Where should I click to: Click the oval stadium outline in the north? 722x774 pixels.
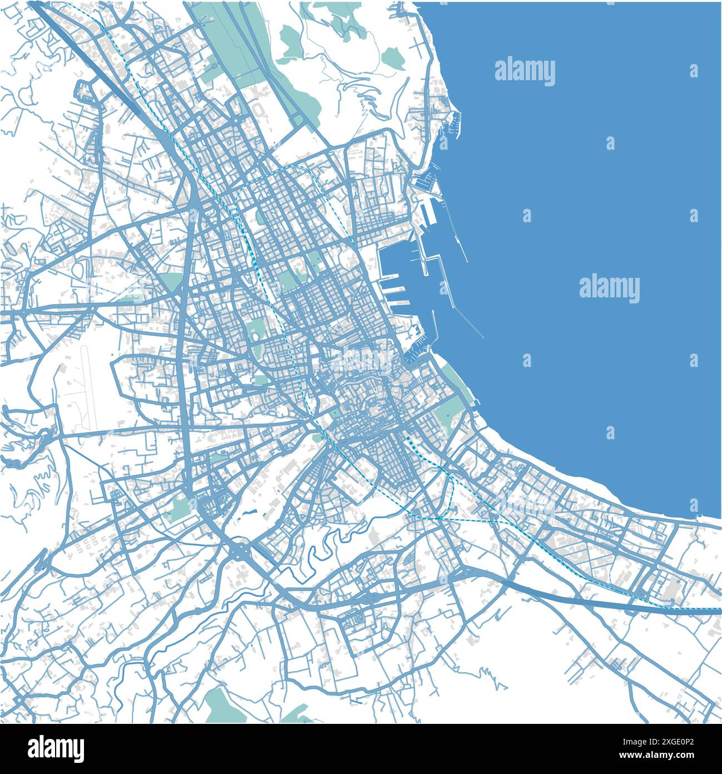tap(259, 109)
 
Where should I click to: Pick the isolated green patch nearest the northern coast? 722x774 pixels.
tap(392, 57)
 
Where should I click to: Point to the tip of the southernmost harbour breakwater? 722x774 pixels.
tap(482, 337)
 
